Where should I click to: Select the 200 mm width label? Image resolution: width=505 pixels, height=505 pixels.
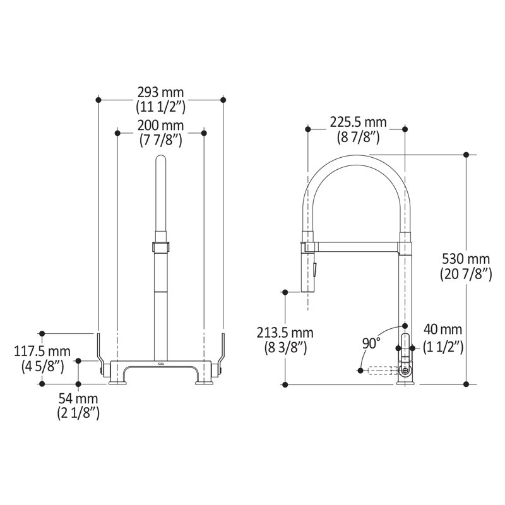tap(160, 126)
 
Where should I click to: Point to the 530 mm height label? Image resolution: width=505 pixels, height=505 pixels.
tap(465, 259)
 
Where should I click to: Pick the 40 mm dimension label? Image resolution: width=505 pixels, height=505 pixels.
tap(443, 330)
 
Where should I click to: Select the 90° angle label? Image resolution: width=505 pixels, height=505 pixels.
tap(371, 343)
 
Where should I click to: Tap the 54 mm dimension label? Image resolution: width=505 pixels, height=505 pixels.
tap(78, 399)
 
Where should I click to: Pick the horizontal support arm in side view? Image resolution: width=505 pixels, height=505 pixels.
tap(353, 244)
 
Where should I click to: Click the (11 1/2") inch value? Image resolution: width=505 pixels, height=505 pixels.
tap(160, 106)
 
